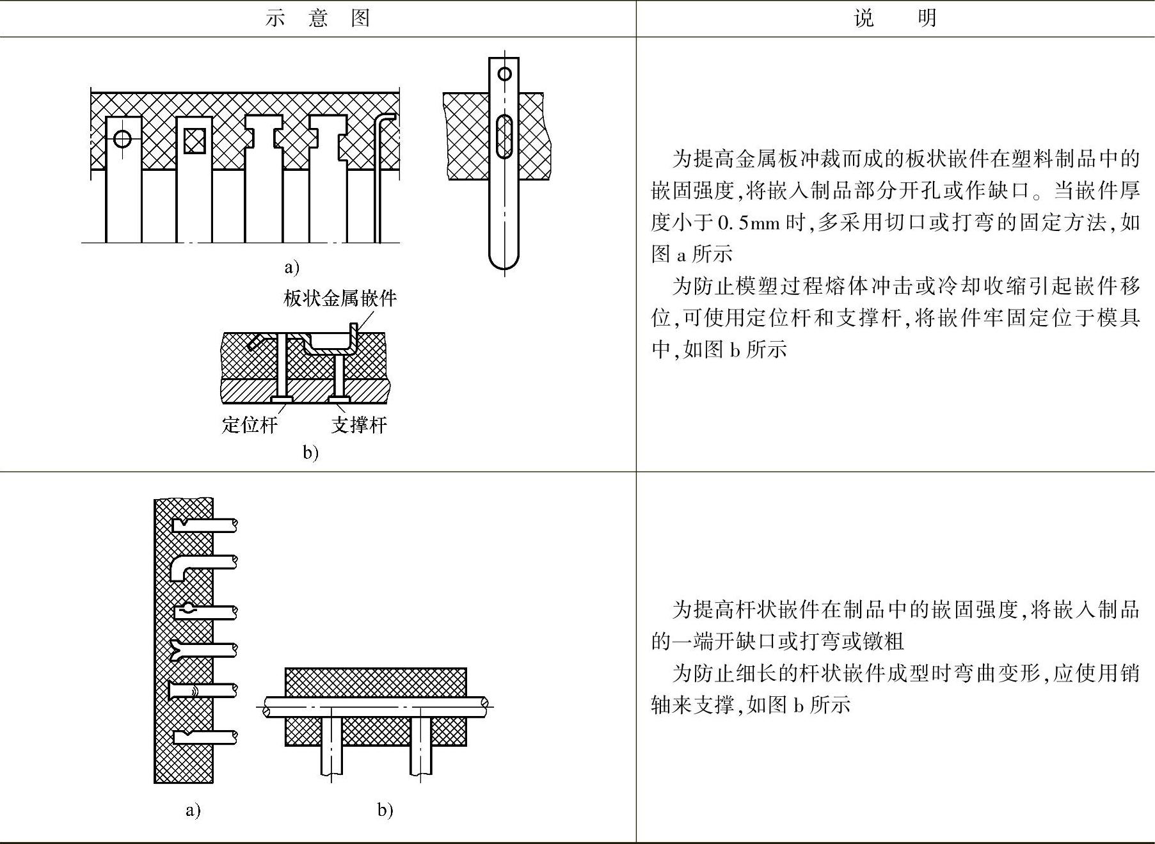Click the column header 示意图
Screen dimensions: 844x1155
point(317,18)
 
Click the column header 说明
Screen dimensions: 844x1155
point(895,18)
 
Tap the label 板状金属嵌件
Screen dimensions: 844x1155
point(340,298)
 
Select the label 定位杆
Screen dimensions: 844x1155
point(250,425)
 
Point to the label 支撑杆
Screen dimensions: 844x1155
point(359,425)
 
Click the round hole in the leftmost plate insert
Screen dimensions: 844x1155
point(122,138)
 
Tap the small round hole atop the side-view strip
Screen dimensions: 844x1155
point(504,74)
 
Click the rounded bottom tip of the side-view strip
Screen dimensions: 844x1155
point(504,262)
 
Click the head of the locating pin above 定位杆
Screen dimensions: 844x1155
point(282,400)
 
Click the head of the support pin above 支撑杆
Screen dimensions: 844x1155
point(339,400)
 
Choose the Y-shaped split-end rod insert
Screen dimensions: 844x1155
point(192,650)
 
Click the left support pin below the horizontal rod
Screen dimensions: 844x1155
point(331,745)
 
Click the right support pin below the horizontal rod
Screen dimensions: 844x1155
point(420,745)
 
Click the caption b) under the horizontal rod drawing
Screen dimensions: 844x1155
point(385,810)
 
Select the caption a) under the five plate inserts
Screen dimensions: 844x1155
point(292,267)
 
